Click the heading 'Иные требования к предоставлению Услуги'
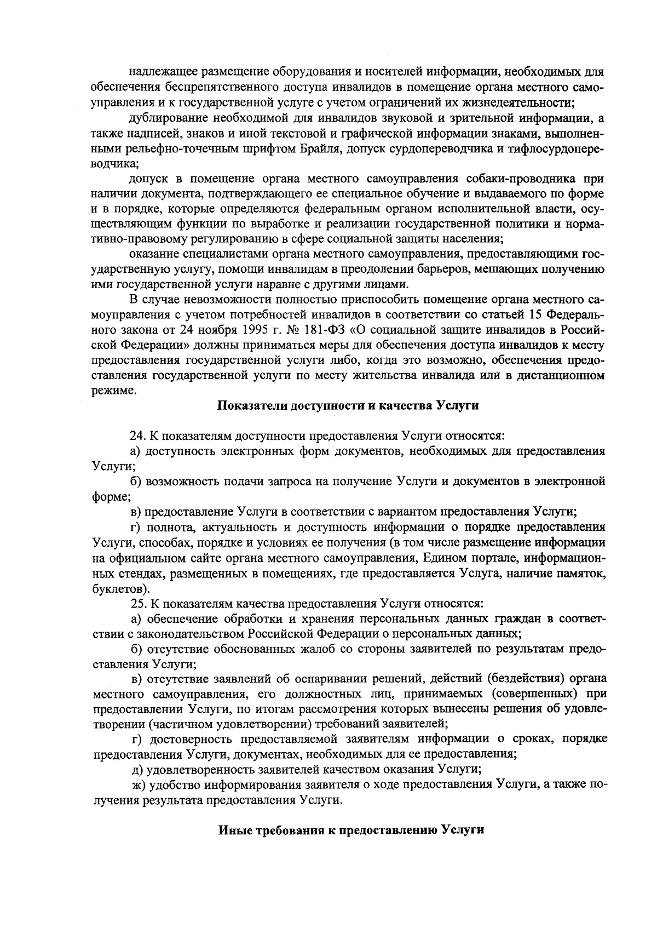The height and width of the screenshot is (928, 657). (x=351, y=829)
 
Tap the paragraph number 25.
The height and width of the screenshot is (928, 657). (x=136, y=604)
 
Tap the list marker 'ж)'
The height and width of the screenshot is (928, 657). (x=139, y=784)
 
